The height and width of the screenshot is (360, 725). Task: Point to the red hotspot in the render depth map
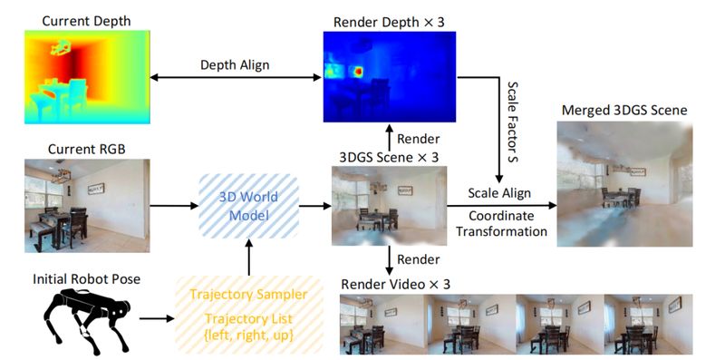tap(358, 71)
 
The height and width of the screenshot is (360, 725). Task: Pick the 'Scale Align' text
tap(499, 194)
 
